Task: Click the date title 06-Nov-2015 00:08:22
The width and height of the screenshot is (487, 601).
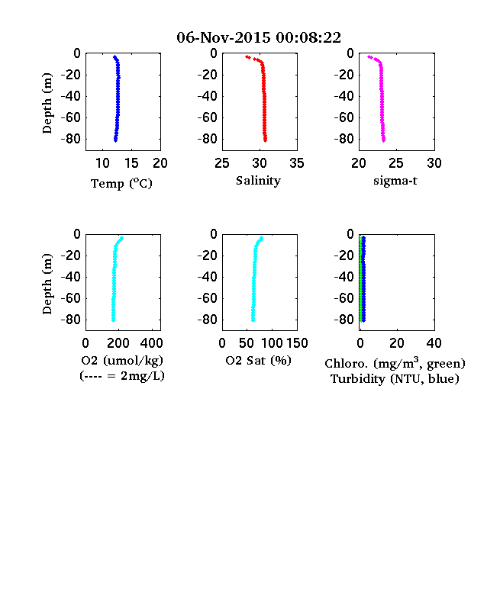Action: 259,37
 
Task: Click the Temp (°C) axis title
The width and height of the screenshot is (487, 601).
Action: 121,184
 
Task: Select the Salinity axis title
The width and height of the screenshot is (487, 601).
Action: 258,181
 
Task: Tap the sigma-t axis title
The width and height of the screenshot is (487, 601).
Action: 395,181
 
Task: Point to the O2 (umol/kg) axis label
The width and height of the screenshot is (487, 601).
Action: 122,361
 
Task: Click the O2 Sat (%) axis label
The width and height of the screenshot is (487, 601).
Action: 258,361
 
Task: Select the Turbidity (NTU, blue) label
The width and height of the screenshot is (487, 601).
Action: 395,379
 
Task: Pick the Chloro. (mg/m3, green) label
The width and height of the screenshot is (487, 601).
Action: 395,363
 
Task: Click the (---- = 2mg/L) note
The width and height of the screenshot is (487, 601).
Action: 122,376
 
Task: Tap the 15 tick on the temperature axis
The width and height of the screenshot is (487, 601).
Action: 131,163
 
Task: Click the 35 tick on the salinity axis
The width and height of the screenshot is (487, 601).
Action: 297,163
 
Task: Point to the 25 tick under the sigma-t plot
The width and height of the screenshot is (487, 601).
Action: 395,163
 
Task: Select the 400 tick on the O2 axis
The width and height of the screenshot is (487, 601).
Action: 151,343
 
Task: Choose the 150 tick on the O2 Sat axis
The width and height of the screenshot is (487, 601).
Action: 297,343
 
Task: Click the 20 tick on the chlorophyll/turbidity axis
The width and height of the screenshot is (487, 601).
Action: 396,343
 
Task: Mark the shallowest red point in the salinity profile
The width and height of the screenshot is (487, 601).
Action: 247,57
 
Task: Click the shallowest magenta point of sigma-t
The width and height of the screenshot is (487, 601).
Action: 369,57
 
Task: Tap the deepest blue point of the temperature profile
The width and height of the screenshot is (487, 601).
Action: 115,140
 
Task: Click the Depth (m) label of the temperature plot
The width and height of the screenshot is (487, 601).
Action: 47,103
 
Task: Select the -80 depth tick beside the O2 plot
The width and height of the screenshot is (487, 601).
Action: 71,320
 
